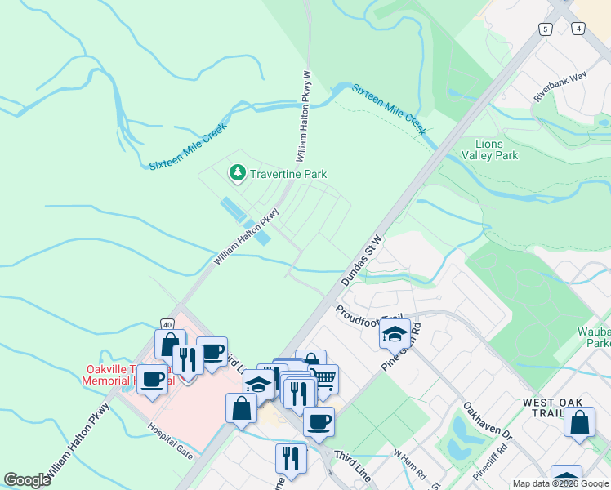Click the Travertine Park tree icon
coord(237,173)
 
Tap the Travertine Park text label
coord(288,174)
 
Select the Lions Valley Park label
coord(489,149)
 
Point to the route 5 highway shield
coord(545,29)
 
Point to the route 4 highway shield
coord(578,29)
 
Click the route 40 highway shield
coord(167,324)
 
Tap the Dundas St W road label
coord(361,258)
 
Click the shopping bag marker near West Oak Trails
coord(579,423)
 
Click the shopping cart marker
coord(323,378)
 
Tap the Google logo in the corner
coord(27,480)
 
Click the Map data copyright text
coord(560,483)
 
